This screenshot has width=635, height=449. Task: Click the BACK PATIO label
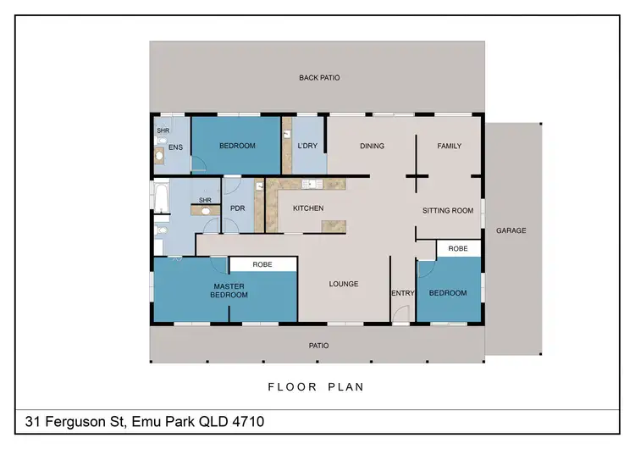click(319, 77)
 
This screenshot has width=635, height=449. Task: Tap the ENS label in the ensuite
click(176, 147)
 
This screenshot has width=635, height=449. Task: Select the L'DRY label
click(307, 146)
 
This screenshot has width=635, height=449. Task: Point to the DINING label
click(372, 146)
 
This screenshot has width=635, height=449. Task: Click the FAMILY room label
click(449, 146)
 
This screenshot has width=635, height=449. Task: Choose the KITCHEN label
click(308, 208)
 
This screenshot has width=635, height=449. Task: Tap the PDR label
click(237, 208)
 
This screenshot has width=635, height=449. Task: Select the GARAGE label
click(511, 230)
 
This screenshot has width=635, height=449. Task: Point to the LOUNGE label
click(344, 284)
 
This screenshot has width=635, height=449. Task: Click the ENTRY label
click(402, 293)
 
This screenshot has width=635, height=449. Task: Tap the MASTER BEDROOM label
click(229, 291)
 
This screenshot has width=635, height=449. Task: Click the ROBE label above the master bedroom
click(262, 264)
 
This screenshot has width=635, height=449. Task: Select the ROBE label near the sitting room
click(458, 248)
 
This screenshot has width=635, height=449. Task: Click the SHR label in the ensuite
click(163, 131)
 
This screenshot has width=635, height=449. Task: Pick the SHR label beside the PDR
click(205, 201)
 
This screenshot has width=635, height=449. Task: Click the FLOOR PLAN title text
click(316, 387)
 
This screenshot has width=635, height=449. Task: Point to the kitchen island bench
click(334, 224)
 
